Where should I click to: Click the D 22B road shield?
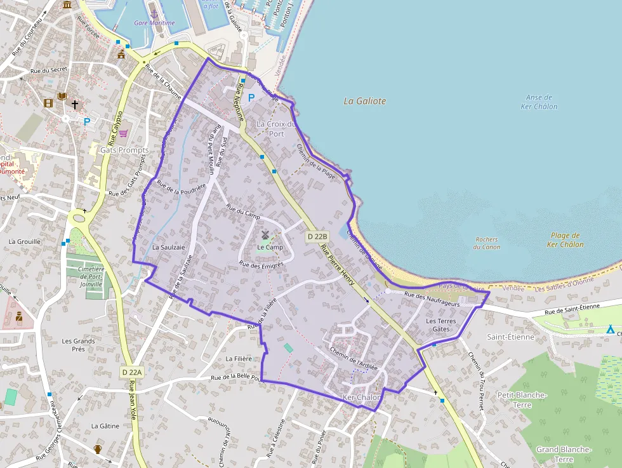pyautogui.click(x=317, y=237)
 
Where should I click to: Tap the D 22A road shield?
pyautogui.click(x=133, y=372)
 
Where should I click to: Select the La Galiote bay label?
pyautogui.click(x=364, y=101)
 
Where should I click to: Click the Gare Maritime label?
pyautogui.click(x=154, y=23)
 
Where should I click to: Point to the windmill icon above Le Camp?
pyautogui.click(x=265, y=235)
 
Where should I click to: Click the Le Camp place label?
pyautogui.click(x=270, y=247)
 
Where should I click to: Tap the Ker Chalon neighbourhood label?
pyautogui.click(x=361, y=398)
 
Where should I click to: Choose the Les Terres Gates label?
pyautogui.click(x=440, y=325)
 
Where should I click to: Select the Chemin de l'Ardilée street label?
pyautogui.click(x=354, y=358)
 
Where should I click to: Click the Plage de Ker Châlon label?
pyautogui.click(x=565, y=240)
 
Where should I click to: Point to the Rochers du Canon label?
pyautogui.click(x=486, y=243)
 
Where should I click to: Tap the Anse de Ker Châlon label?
pyautogui.click(x=539, y=102)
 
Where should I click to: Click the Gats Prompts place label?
pyautogui.click(x=124, y=150)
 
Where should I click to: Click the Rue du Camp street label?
pyautogui.click(x=244, y=211)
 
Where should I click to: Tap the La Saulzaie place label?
pyautogui.click(x=168, y=246)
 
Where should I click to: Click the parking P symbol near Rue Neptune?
pyautogui.click(x=251, y=98)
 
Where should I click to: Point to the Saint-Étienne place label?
pyautogui.click(x=510, y=337)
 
